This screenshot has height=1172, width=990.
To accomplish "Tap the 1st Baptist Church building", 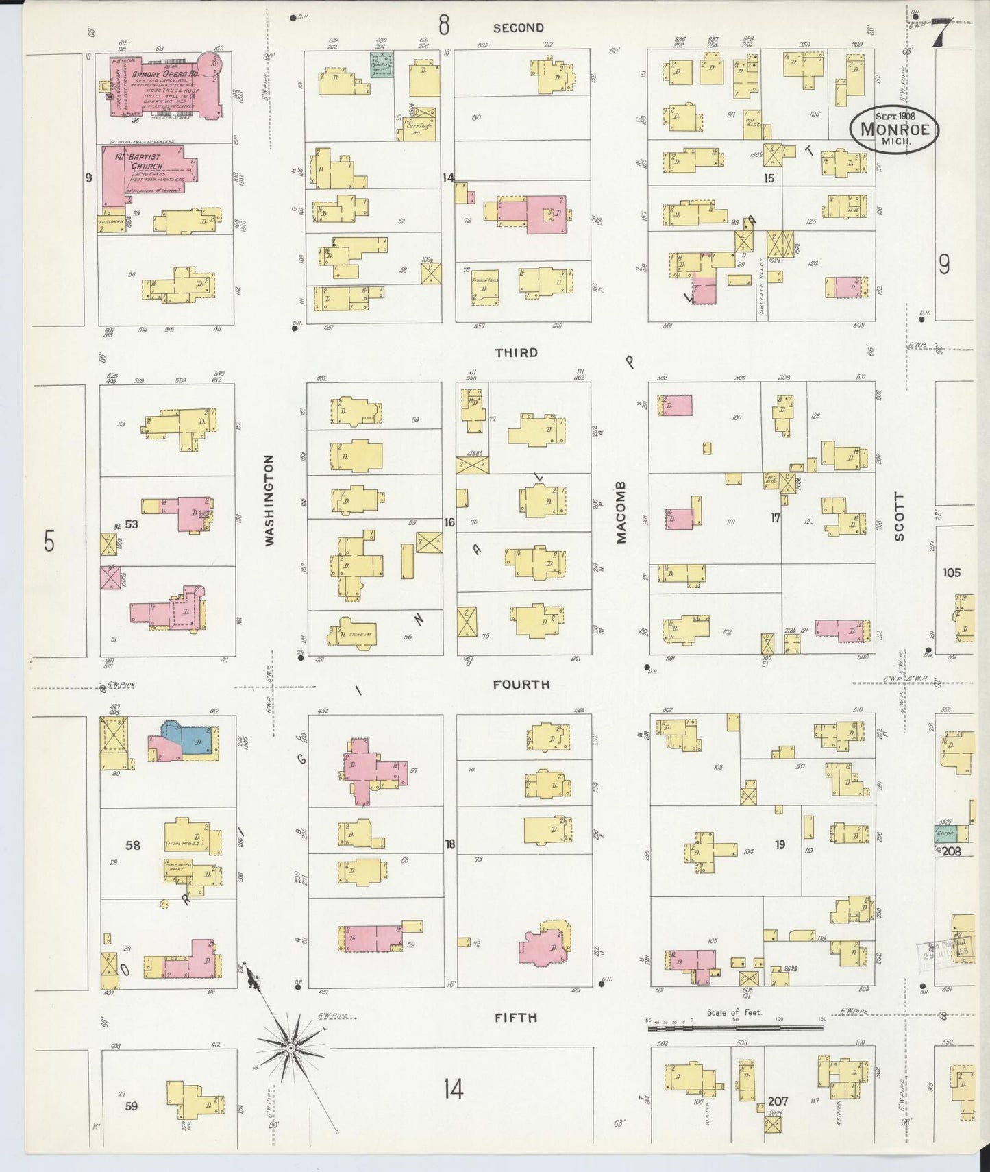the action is (147, 171).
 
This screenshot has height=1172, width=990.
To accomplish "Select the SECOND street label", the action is (518, 28).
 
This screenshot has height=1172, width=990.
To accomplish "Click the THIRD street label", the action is (517, 352).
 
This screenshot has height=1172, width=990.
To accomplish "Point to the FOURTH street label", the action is (521, 684).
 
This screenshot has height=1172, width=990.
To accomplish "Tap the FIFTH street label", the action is (516, 1018).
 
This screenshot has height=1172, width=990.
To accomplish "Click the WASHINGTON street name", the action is (269, 500).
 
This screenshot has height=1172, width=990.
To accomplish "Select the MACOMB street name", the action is (621, 511).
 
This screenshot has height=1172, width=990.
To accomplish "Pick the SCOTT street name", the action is (899, 516).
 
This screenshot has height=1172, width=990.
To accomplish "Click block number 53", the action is (132, 524).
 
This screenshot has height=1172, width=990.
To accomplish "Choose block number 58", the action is (132, 845).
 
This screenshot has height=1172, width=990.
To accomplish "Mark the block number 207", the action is (778, 1101).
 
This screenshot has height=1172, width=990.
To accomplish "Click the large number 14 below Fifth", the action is (453, 1088).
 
